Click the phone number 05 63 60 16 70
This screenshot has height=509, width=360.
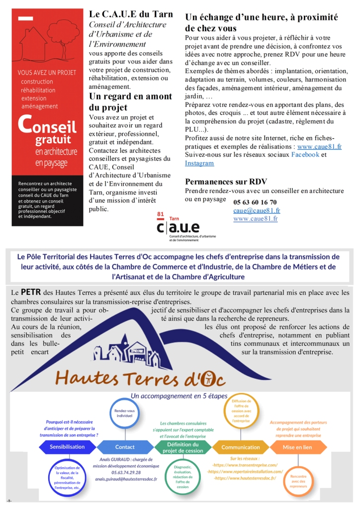click(x=255, y=202)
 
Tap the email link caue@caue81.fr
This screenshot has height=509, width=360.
click(x=255, y=210)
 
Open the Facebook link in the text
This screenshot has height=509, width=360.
click(x=305, y=155)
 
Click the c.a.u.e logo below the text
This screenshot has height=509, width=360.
click(x=178, y=227)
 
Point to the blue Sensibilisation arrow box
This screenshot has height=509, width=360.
click(x=67, y=447)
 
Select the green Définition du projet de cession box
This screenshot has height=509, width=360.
click(x=182, y=447)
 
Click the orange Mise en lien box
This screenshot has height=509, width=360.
click(x=297, y=447)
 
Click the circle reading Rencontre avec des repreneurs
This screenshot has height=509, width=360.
click(x=297, y=481)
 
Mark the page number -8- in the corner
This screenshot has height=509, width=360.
click(x=9, y=500)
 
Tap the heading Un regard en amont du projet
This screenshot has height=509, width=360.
click(x=130, y=102)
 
